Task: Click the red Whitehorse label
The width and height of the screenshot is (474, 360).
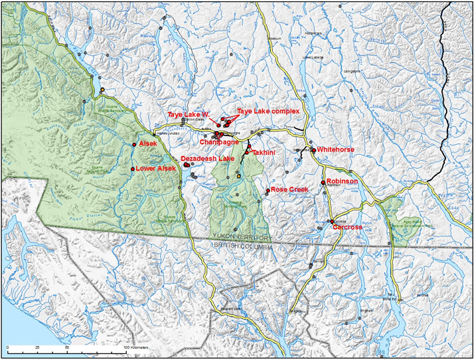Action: (x=335, y=149)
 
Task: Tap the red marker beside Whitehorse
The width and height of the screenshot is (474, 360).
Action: (x=313, y=150)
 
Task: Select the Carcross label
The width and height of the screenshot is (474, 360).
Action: (x=347, y=227)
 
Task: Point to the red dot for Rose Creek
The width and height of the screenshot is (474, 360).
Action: (x=268, y=191)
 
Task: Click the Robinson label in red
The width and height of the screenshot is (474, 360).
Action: (x=343, y=181)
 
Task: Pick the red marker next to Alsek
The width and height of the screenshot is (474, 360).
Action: (x=134, y=144)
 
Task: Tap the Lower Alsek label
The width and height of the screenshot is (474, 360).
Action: (x=157, y=169)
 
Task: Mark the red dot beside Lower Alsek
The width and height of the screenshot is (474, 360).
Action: (x=133, y=169)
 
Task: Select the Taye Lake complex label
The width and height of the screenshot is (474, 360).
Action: (x=268, y=111)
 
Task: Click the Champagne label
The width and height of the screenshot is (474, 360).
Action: (x=220, y=142)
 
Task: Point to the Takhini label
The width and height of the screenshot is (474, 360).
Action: (x=264, y=152)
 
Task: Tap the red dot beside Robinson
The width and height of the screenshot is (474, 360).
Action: (x=323, y=182)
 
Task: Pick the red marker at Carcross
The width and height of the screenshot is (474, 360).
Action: (x=331, y=222)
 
